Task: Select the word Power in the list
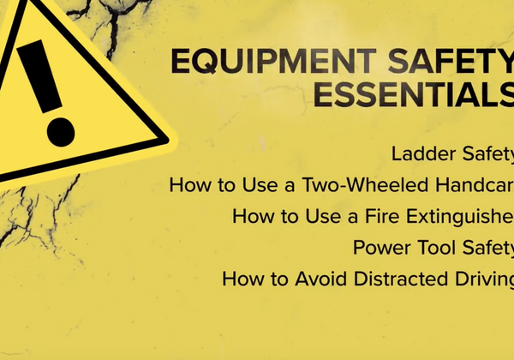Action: (x=379, y=248)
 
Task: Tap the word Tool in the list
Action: (x=432, y=248)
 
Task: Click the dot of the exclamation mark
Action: (x=60, y=128)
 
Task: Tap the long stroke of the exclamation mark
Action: (x=39, y=73)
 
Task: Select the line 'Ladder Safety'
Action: (x=452, y=154)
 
